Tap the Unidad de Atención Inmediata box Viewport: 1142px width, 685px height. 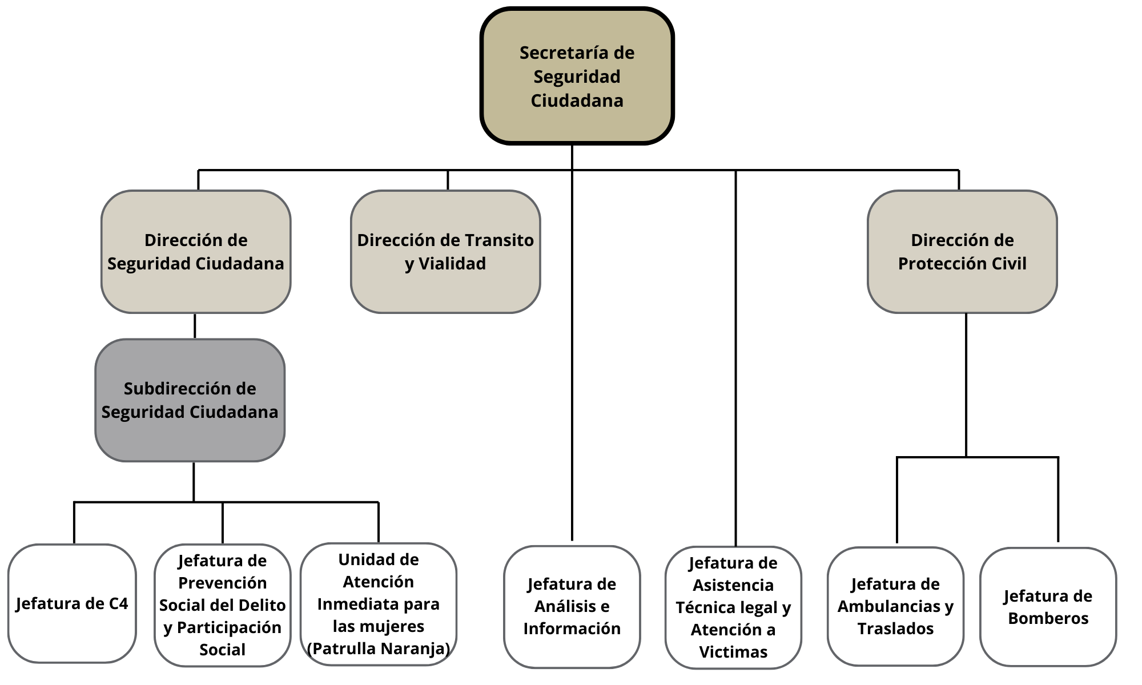pyautogui.click(x=378, y=604)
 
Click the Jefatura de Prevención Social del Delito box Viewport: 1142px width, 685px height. pyautogui.click(x=222, y=605)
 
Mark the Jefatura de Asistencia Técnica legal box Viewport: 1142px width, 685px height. pyautogui.click(x=733, y=607)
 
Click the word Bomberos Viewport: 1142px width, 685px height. pyautogui.click(x=1048, y=618)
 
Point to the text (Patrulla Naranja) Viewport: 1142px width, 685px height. pyautogui.click(x=378, y=648)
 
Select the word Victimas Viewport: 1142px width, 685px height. pyautogui.click(x=733, y=652)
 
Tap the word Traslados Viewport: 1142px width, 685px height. pyautogui.click(x=895, y=628)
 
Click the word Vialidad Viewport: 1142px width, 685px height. pyautogui.click(x=452, y=264)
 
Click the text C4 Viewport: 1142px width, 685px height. pyautogui.click(x=118, y=603)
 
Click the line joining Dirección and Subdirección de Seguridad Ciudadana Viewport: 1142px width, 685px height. pyautogui.click(x=195, y=326)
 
